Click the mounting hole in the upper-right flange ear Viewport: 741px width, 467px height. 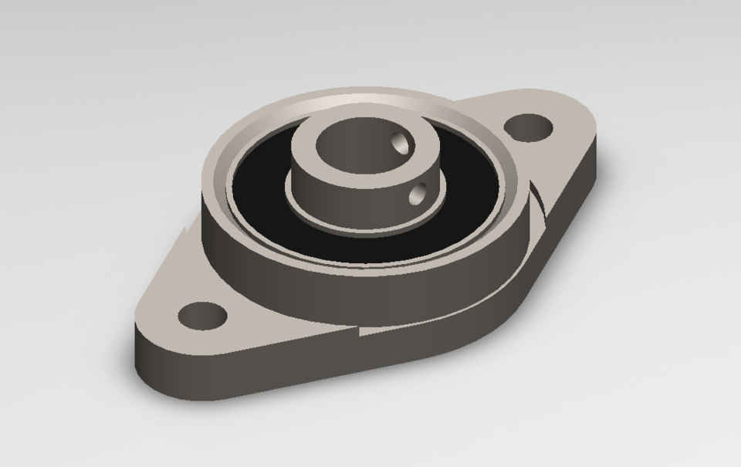531,127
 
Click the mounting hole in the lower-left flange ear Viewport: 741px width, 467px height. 202,315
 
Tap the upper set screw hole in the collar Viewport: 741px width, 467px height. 400,142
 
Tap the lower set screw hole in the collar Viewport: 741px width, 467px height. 418,194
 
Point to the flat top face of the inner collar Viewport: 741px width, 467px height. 309,154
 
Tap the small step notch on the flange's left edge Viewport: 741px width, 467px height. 185,229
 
